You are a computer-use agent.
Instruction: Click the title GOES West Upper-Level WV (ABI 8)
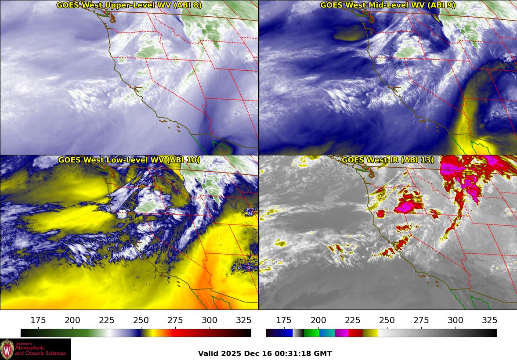point(129,5)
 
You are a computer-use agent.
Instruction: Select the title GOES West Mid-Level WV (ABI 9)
point(387,5)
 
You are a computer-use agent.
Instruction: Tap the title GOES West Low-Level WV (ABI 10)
point(129,160)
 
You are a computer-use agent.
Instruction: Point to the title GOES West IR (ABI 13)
point(387,160)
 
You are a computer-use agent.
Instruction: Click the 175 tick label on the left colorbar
point(38,320)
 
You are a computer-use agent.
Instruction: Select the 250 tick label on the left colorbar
point(141,320)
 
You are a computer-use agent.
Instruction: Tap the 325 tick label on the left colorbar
point(244,320)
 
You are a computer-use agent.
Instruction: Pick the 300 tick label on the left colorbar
point(210,320)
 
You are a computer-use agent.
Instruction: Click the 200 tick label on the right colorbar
point(318,320)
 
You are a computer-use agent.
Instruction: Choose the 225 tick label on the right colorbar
point(353,320)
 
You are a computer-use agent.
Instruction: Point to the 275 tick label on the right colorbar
point(421,320)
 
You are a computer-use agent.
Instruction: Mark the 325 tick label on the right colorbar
point(490,320)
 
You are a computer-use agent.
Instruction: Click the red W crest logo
point(7,349)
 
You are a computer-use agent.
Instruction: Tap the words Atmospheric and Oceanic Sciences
point(40,350)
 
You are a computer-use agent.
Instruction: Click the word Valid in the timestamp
point(208,354)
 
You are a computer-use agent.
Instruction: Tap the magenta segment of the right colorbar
point(341,333)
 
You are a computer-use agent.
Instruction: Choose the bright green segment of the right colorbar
point(311,333)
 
